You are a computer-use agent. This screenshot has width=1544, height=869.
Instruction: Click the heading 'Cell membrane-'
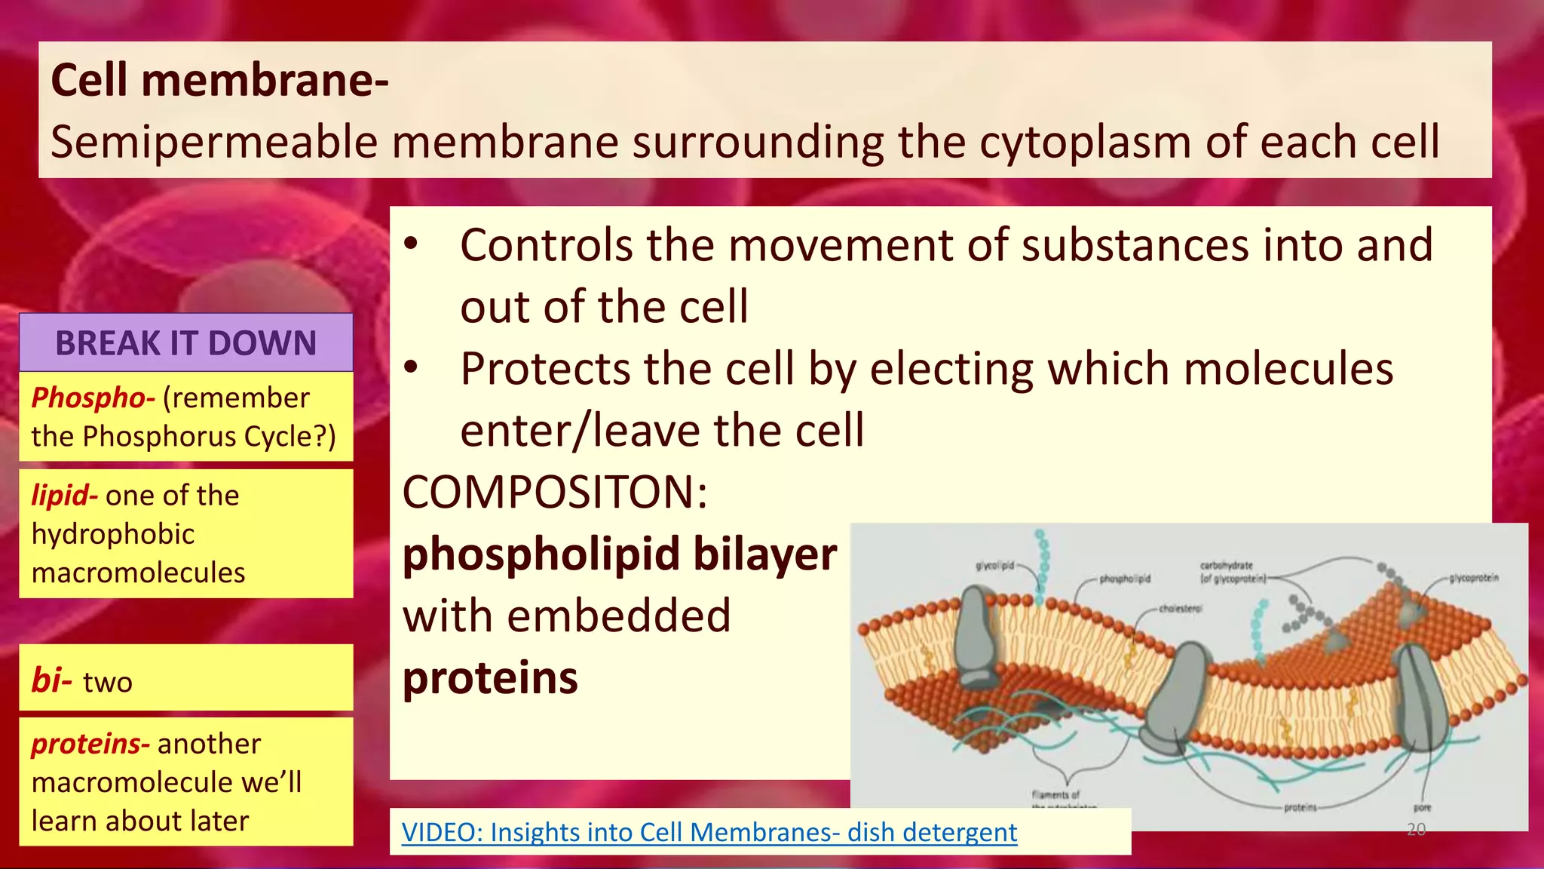pos(219,80)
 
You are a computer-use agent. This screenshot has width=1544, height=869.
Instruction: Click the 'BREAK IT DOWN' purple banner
pos(185,343)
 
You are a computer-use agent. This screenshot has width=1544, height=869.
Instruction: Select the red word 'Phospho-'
pos(93,398)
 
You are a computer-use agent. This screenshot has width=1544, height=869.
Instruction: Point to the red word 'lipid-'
pos(64,496)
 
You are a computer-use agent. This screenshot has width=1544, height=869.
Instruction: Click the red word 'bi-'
pos(51,680)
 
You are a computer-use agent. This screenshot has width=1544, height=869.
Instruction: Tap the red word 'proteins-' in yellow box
pos(90,744)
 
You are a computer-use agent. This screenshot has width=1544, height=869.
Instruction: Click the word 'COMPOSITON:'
pos(555,493)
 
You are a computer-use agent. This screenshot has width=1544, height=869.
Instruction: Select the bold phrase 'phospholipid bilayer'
pos(619,554)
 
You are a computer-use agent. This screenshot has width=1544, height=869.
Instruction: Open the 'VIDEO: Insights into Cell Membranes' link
pos(709,832)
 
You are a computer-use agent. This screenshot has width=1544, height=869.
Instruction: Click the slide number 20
pos(1416,830)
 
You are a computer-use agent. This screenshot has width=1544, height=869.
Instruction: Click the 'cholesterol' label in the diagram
pos(1181,608)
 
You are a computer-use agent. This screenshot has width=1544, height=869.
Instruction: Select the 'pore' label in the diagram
pos(1422,807)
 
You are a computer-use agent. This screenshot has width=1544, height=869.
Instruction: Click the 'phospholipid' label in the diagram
pos(1124,579)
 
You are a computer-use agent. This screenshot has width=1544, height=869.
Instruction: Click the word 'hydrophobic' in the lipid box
pos(113,534)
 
